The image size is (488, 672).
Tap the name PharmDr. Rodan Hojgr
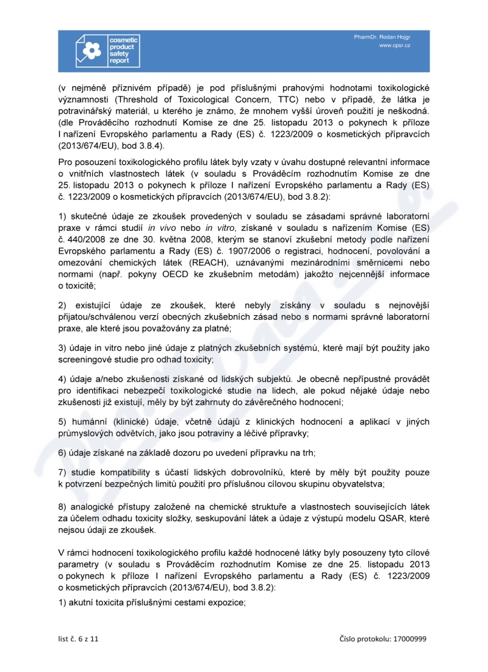point(382,37)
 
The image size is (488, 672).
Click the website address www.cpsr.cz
point(394,46)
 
